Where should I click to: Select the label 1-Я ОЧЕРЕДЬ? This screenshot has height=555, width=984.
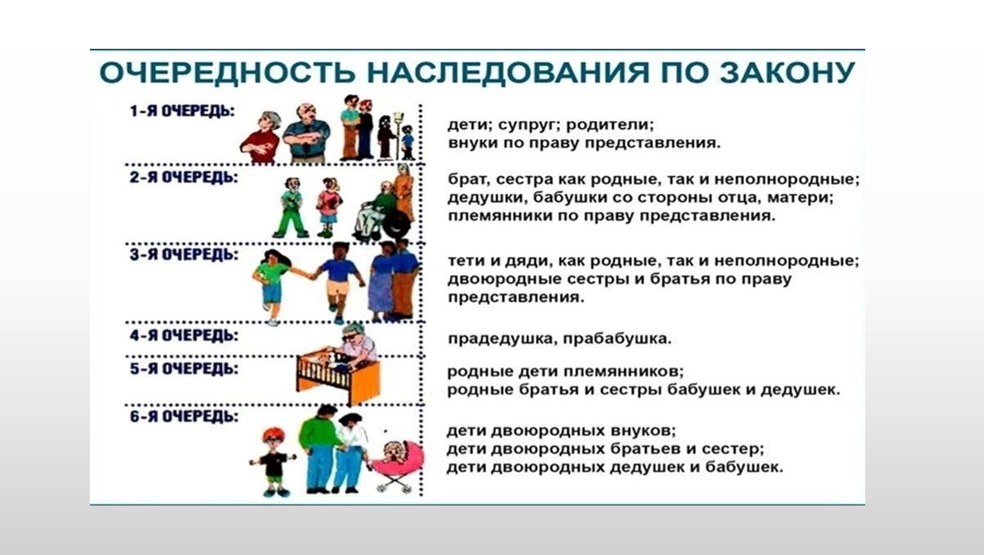coord(182,111)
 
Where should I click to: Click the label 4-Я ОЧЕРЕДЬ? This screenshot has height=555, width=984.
coord(184,335)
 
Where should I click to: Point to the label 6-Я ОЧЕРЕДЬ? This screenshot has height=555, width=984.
coord(184,416)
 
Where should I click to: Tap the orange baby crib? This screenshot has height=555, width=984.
coord(338,376)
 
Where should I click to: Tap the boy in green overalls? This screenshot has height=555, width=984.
coord(291,207)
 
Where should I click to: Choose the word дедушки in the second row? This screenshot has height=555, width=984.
coord(487,198)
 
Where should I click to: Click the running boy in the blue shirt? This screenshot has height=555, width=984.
coord(338,281)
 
